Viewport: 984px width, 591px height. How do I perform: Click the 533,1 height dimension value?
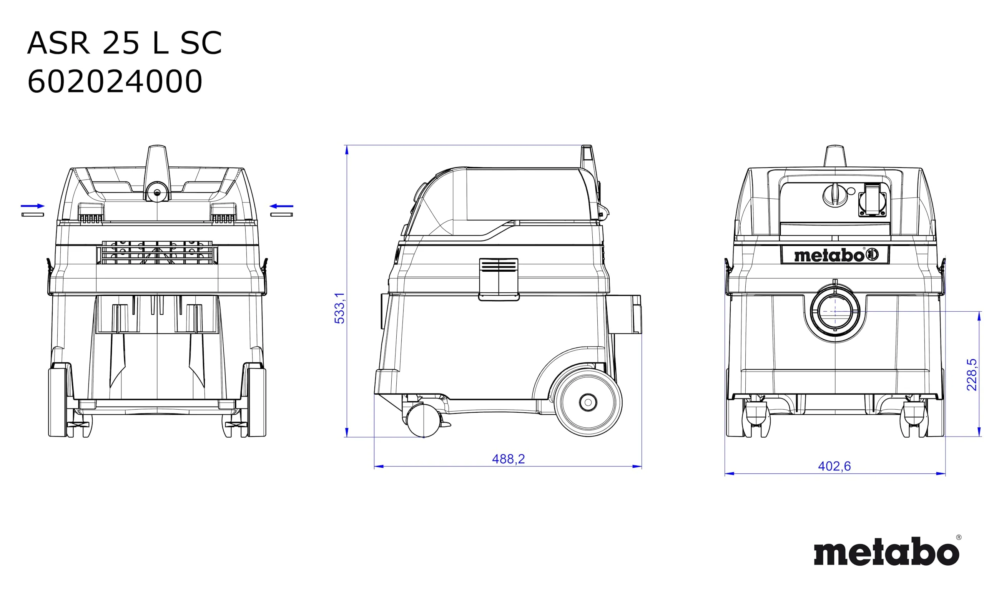[339, 308]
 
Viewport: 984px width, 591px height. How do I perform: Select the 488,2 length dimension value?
[508, 459]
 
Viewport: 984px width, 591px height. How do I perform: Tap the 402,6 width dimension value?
[834, 466]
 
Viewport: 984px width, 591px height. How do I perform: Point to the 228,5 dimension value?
[972, 375]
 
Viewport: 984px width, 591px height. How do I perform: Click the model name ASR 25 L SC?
[124, 43]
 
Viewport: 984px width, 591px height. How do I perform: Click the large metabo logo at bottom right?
[887, 551]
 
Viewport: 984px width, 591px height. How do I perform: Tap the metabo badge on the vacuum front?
[835, 254]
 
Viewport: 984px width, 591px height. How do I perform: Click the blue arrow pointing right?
[33, 206]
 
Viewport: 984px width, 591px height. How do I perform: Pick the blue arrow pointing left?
[281, 206]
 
